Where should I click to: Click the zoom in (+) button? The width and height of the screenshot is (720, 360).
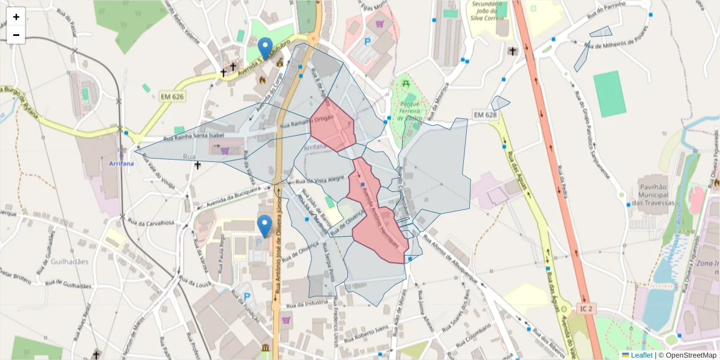(x=16, y=17)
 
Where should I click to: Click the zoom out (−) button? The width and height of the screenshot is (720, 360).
(x=16, y=35)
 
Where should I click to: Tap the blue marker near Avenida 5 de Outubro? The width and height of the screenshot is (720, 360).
(x=265, y=48)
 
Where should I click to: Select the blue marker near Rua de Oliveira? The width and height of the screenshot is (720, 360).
(x=265, y=226)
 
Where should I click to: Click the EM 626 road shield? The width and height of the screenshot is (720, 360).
(x=173, y=97)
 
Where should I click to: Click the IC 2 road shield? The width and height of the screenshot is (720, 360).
(x=586, y=308)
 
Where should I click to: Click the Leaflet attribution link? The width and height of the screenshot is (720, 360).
(x=641, y=355)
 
